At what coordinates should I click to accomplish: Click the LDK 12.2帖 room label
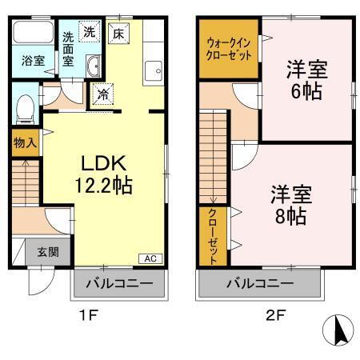104,174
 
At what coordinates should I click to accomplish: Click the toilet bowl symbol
26,105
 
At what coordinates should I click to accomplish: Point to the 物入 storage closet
25,143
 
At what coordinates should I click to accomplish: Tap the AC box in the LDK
150,258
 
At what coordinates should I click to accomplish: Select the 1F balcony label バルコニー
121,282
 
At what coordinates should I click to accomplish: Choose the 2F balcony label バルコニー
260,282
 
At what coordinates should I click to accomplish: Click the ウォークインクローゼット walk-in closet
228,50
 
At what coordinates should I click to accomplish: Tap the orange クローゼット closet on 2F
214,237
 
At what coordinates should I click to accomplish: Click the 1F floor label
89,315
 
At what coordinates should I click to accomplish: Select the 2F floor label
274,315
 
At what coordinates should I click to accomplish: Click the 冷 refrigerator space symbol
102,94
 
